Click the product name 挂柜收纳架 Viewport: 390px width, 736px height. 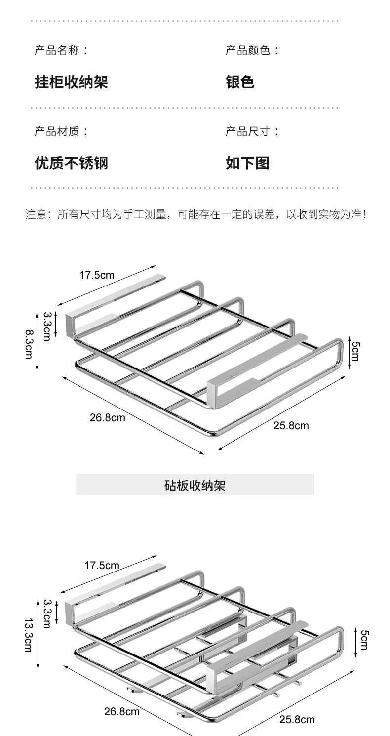click(x=71, y=82)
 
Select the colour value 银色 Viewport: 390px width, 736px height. click(x=240, y=82)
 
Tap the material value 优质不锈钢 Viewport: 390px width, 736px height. click(x=71, y=163)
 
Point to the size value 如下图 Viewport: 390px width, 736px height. click(x=247, y=163)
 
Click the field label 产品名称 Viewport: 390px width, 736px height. click(x=57, y=50)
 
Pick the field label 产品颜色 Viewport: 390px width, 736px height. click(x=247, y=50)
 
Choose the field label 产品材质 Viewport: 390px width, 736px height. click(x=57, y=131)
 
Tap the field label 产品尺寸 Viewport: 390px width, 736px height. click(x=247, y=131)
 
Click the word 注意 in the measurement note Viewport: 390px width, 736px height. click(x=36, y=214)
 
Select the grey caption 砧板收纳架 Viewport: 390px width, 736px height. click(x=195, y=485)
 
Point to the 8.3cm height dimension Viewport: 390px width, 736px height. click(x=29, y=344)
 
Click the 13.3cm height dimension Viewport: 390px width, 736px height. click(x=29, y=635)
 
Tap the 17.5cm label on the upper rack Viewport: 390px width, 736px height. click(x=97, y=275)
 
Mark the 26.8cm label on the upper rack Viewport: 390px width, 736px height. click(x=108, y=417)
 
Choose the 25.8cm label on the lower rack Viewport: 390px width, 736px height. click(x=297, y=726)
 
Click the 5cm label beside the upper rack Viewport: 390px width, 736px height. click(x=356, y=351)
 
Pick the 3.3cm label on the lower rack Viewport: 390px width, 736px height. click(x=47, y=614)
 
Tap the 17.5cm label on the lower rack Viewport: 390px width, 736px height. click(x=102, y=565)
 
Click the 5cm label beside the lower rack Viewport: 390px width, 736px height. click(x=365, y=640)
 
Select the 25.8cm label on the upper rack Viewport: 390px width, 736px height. click(x=291, y=425)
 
